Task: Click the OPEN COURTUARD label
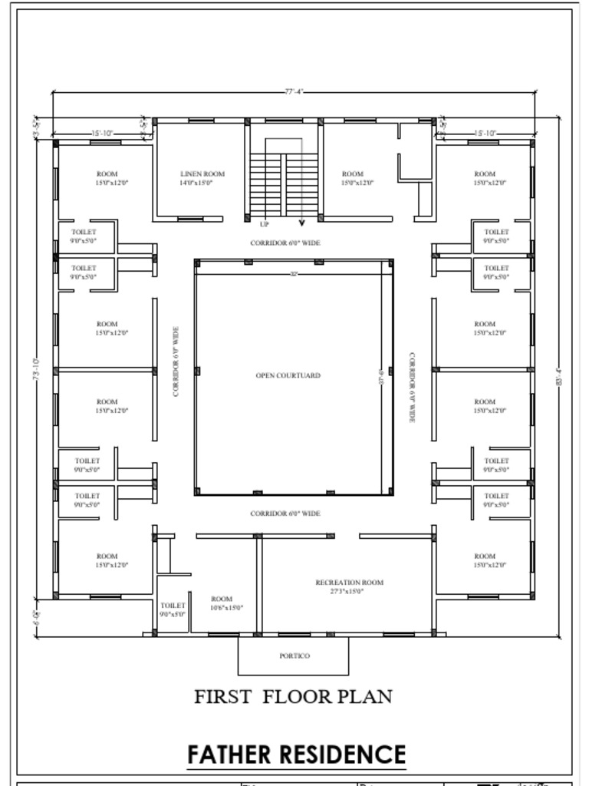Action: coord(288,375)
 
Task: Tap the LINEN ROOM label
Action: coord(202,174)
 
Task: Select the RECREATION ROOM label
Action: coord(350,583)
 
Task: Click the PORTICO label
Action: coord(294,656)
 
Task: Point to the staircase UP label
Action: coord(265,224)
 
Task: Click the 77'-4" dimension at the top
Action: coord(294,92)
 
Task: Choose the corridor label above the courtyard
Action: coord(285,243)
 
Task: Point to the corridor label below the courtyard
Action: coord(285,513)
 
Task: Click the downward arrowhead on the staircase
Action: coord(301,223)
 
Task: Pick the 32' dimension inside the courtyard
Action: coord(294,273)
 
